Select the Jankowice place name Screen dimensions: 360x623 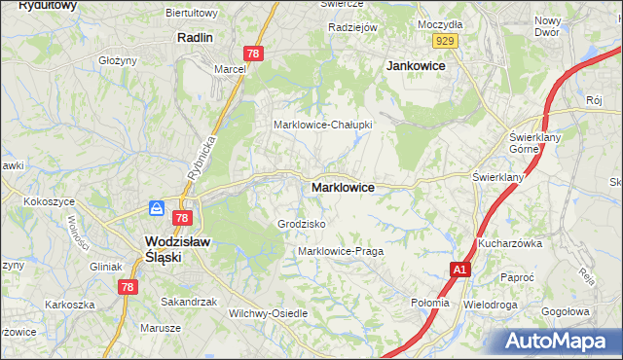(x=416, y=65)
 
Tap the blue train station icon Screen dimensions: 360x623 (x=156, y=208)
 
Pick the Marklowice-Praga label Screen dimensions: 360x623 (x=341, y=251)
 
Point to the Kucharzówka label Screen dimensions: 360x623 (x=508, y=244)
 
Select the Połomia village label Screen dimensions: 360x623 (x=430, y=303)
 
